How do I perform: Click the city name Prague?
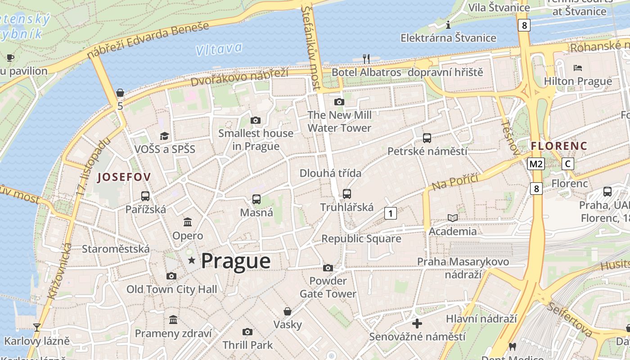[x=235, y=261]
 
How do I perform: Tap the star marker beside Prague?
[x=192, y=260]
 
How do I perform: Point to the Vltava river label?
[x=219, y=49]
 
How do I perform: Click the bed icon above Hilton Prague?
[x=578, y=68]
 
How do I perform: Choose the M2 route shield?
[x=536, y=164]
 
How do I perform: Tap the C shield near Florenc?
[x=568, y=164]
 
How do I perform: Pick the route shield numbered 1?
[x=391, y=213]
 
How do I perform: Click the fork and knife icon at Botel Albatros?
[x=366, y=58]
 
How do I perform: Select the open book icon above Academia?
[x=452, y=218]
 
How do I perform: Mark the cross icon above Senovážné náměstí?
[x=417, y=323]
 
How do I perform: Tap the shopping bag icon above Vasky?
[x=287, y=311]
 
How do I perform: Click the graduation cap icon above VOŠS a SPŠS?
[x=165, y=136]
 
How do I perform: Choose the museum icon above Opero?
[x=188, y=222]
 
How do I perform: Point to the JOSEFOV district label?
[x=124, y=177]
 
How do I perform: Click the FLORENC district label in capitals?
[x=559, y=146]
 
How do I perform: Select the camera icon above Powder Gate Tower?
[x=328, y=268]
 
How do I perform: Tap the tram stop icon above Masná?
[x=256, y=199]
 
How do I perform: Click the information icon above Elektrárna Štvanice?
[x=448, y=25]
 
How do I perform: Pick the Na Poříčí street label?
[x=454, y=180]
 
